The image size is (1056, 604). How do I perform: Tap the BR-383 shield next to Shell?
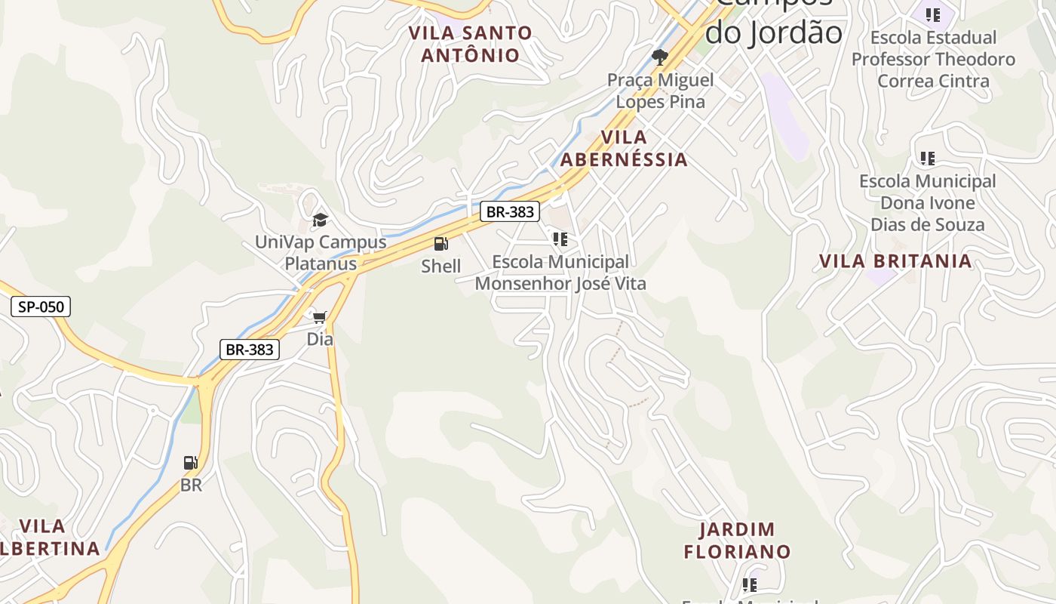(x=510, y=212)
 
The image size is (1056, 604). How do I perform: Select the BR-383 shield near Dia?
(x=250, y=350)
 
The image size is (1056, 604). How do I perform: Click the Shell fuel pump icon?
(x=441, y=244)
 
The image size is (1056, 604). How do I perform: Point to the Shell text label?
(x=441, y=266)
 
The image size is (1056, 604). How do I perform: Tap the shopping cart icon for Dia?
(x=320, y=316)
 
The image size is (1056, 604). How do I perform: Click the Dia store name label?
(x=320, y=339)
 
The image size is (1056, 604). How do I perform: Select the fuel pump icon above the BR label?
(x=191, y=463)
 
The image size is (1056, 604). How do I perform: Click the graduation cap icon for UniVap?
(x=321, y=220)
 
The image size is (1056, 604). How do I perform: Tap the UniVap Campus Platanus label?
(x=321, y=253)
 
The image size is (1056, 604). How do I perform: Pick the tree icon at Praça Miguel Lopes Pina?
(x=660, y=57)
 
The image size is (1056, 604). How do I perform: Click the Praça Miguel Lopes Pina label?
(x=661, y=91)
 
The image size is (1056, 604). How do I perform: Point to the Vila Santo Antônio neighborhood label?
(x=471, y=44)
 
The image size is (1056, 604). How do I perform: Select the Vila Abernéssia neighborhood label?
(x=624, y=148)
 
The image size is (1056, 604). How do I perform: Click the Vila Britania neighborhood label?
(x=895, y=261)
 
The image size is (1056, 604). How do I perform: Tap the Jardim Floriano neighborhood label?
(x=737, y=541)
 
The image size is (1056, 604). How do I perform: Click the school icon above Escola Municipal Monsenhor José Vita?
(x=560, y=239)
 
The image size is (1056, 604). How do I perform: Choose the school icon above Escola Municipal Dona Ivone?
(x=927, y=159)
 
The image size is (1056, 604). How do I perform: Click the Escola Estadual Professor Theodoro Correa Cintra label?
(x=934, y=59)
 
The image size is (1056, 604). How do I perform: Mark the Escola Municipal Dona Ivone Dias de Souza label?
(x=928, y=202)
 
